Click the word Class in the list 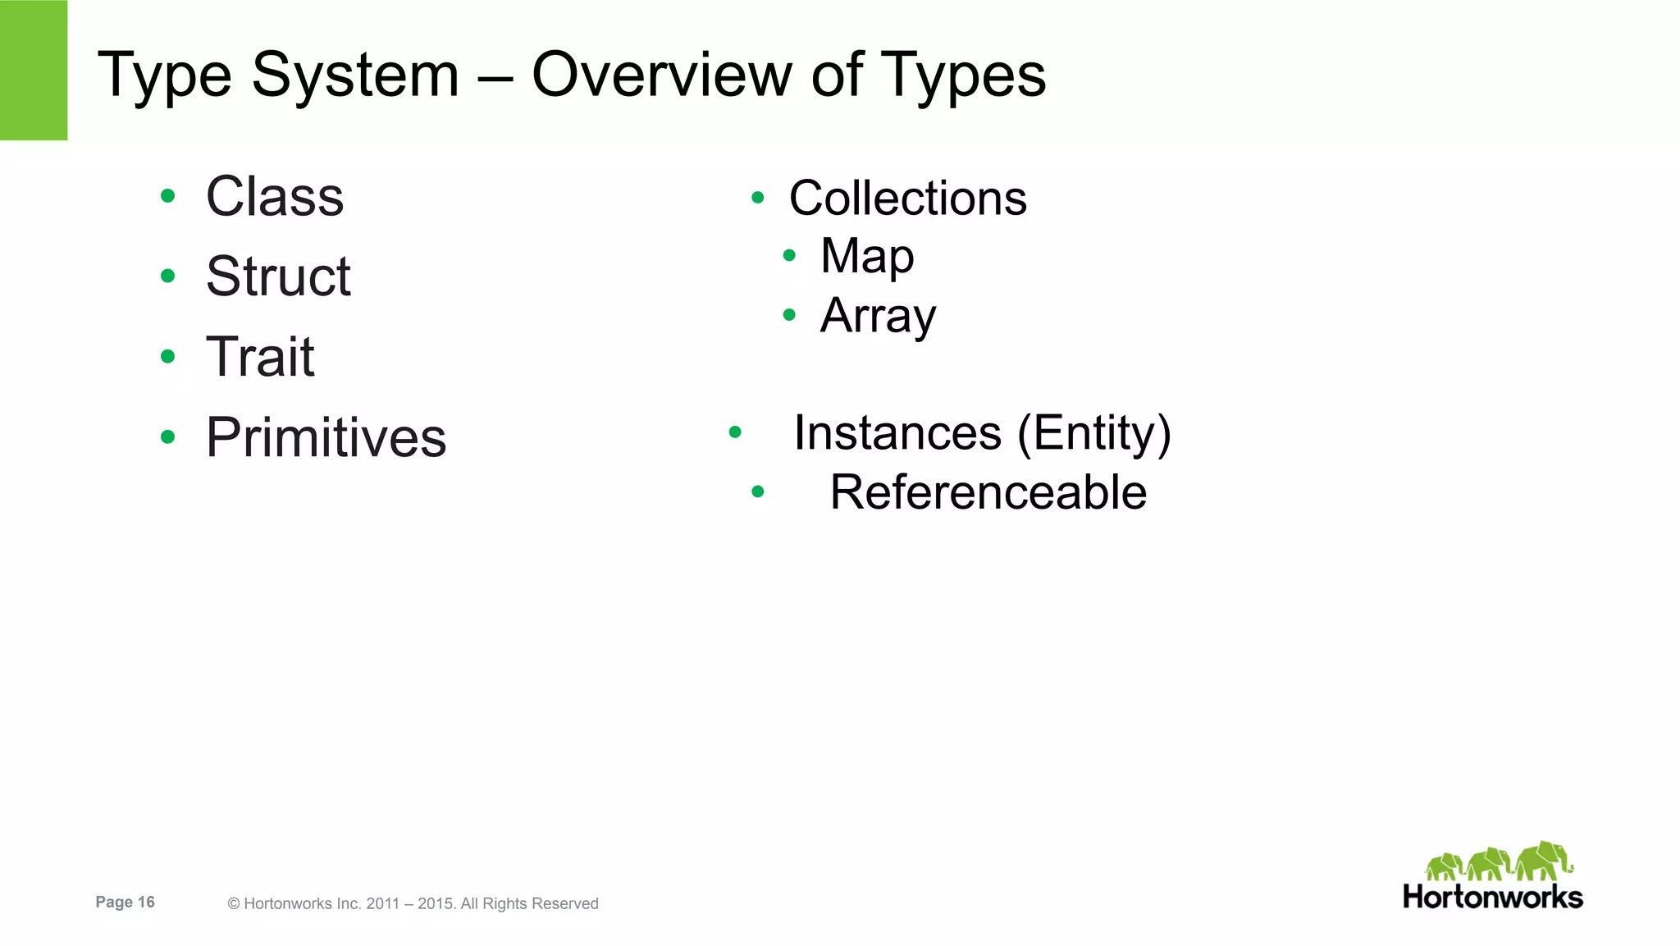(x=275, y=197)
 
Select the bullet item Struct (x=278, y=276)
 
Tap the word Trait (x=260, y=357)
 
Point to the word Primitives (x=326, y=437)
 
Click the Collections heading (x=907, y=199)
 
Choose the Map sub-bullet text (x=867, y=256)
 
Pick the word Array (x=878, y=316)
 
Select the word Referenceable (x=988, y=492)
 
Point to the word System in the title (x=354, y=75)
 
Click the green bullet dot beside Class (x=168, y=196)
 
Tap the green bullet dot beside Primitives (x=168, y=436)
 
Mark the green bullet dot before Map (x=789, y=256)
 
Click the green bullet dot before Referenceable (x=758, y=491)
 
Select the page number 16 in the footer (x=146, y=903)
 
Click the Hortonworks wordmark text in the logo (x=1493, y=897)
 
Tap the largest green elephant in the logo (x=1543, y=861)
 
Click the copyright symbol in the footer (x=234, y=904)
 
